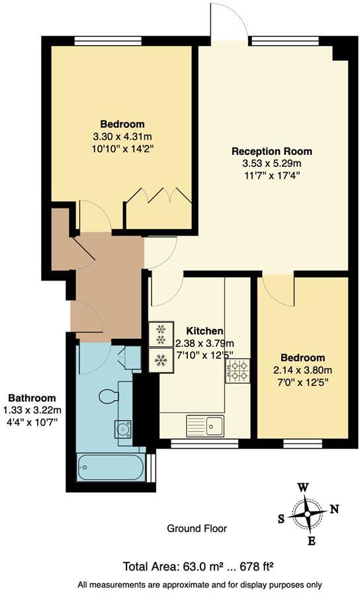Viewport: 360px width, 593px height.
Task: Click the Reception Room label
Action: tap(271, 151)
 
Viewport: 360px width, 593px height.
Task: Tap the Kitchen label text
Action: tap(204, 331)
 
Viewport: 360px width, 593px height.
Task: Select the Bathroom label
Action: tap(31, 398)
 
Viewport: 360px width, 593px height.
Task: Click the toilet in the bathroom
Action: tap(106, 396)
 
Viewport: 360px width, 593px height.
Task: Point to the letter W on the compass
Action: tap(303, 487)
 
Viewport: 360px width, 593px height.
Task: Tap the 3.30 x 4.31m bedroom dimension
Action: tap(122, 137)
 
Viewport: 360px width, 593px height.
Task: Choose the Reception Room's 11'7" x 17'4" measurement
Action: tap(271, 176)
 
